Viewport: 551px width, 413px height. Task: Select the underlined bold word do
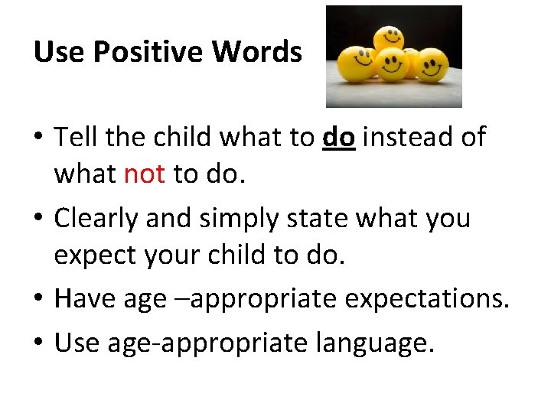tap(339, 138)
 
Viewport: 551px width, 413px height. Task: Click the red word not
tap(144, 174)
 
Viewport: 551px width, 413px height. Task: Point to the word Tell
tap(79, 138)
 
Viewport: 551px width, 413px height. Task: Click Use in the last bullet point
tap(76, 342)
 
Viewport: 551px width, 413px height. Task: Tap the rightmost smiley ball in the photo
tap(431, 65)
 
